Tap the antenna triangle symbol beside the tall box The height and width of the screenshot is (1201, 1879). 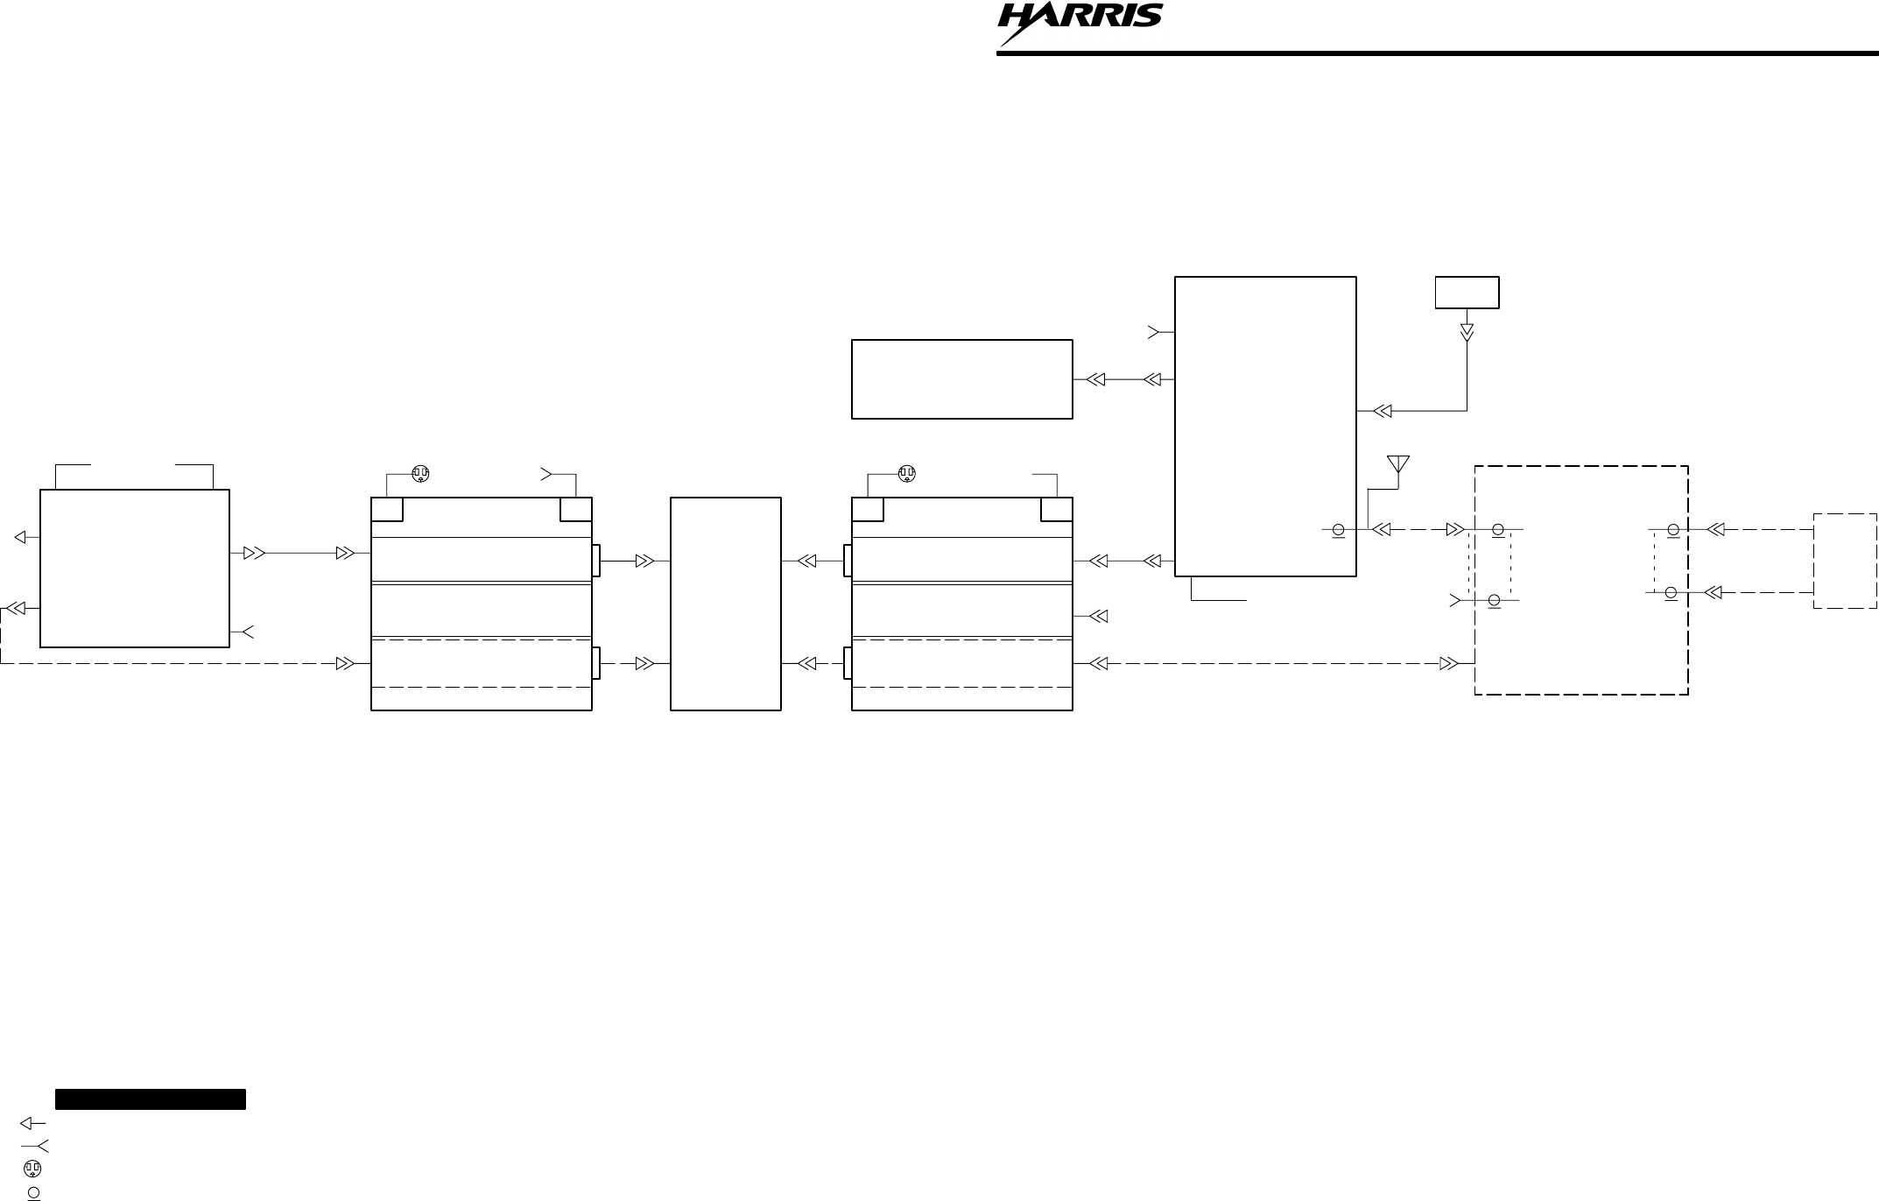1398,464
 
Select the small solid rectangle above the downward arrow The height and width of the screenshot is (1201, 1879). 1467,293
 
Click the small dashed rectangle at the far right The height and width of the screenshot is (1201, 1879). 1845,561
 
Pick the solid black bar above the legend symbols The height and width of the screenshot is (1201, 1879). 150,1099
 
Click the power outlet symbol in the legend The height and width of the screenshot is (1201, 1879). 32,1169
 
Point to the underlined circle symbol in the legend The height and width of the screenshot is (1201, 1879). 33,1192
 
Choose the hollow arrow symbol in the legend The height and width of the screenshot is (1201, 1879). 32,1123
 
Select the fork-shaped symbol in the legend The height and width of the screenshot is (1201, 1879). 35,1146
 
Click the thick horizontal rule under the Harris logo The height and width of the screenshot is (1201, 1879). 1437,53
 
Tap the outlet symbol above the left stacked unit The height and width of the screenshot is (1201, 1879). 420,474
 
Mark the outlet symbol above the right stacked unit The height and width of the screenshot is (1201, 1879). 907,474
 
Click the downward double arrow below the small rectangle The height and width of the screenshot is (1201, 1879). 1467,334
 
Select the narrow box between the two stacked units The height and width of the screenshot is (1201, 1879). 725,604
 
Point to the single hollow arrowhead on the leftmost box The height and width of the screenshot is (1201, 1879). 21,537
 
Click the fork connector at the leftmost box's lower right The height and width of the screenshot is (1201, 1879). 247,632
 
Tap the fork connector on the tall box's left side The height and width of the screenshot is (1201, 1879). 1154,332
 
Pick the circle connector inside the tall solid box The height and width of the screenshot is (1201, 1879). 1338,530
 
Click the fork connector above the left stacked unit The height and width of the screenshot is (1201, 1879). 547,474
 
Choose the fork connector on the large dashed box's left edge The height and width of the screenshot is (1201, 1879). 1455,600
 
